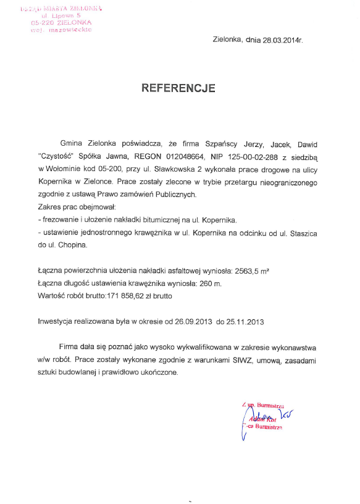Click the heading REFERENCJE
pyautogui.click(x=178, y=88)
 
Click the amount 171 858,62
pyautogui.click(x=129, y=296)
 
